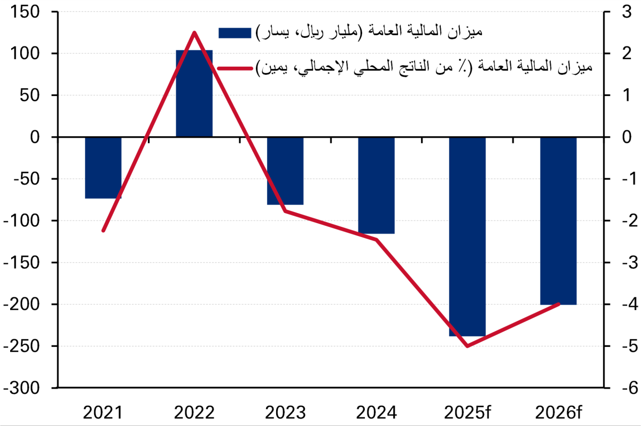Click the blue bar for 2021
pos(103,168)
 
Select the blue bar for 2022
pos(194,93)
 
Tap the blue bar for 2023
pos(285,171)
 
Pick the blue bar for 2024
pos(376,185)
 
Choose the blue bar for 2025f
pos(467,236)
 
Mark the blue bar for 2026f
pos(558,220)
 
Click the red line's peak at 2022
pos(194,33)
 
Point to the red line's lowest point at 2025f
pos(467,346)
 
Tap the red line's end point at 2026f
pos(558,304)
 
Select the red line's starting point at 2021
pos(103,231)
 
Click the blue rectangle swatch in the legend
pos(234,33)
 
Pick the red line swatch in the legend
pos(234,68)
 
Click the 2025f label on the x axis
pos(468,412)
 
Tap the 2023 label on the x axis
pos(285,412)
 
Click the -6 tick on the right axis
pos(619,388)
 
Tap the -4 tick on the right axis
pos(619,304)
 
